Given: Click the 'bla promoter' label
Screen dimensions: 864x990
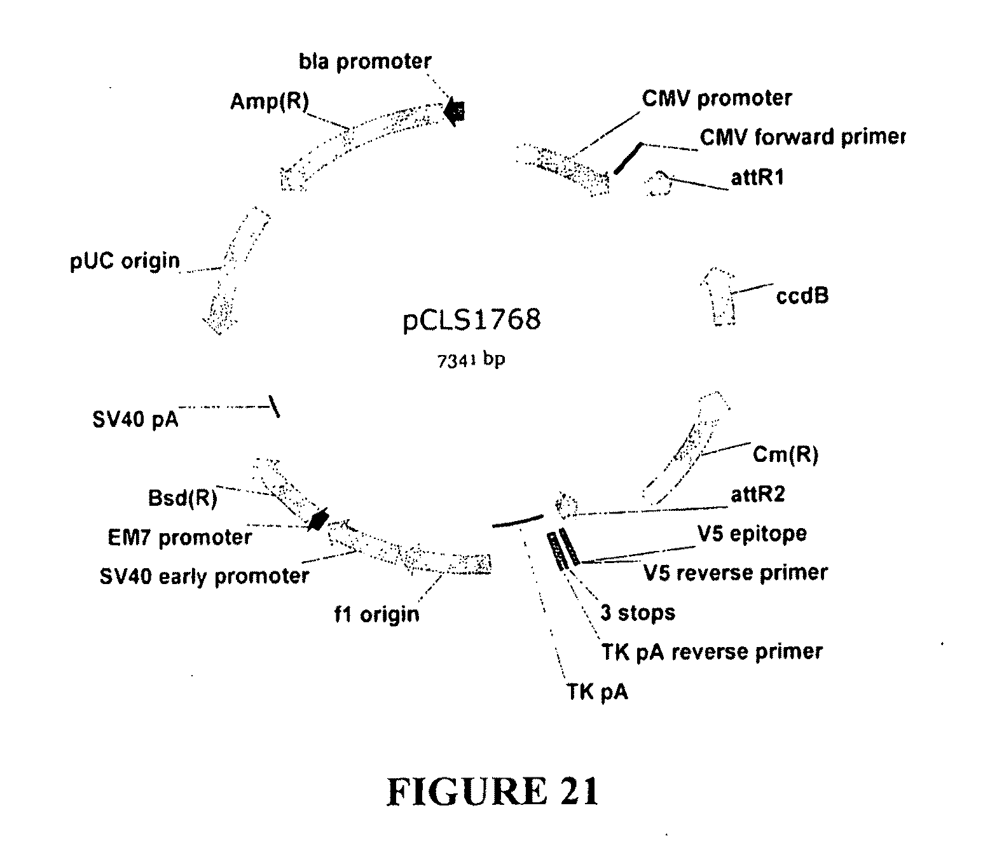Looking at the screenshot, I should [365, 62].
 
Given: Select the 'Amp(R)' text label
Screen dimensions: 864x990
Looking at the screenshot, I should [269, 102].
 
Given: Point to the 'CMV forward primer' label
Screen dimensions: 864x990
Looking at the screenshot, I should [802, 137].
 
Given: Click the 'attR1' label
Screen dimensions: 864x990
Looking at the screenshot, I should [757, 178].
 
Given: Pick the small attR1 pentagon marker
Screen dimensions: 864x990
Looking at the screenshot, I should [658, 184].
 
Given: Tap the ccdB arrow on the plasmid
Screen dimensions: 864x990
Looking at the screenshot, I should [719, 295].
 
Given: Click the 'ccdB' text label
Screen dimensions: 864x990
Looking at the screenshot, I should [802, 296].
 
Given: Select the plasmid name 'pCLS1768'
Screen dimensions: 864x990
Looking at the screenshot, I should [472, 319].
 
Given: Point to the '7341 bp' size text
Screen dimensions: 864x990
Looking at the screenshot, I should [471, 360].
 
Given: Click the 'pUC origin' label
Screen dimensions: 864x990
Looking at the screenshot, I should [125, 261].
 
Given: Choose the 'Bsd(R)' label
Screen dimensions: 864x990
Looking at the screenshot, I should [182, 498].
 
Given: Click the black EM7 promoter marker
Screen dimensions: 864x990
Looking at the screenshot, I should [317, 520].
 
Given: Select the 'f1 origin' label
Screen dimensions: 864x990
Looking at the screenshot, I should [377, 614].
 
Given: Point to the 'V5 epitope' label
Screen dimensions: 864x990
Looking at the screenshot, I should [752, 533].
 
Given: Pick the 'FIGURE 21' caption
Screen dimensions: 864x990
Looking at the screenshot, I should [493, 792].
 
